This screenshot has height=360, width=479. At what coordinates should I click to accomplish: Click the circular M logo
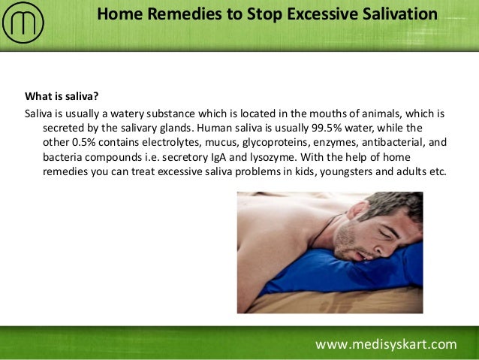click(23, 23)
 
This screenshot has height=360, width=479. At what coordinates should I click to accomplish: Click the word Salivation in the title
click(397, 14)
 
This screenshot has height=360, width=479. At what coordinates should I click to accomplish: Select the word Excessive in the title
click(318, 14)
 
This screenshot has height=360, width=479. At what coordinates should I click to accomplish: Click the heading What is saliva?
click(62, 96)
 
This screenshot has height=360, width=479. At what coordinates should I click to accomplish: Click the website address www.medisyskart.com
click(386, 345)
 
